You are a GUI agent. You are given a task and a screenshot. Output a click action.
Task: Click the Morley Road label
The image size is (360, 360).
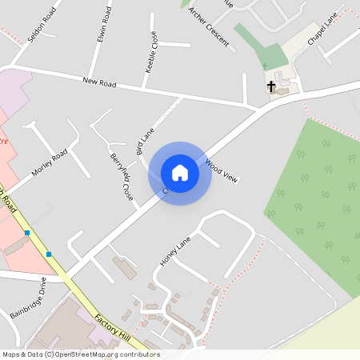tap(50, 164)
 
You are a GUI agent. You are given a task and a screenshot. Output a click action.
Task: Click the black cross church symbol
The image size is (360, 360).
tap(271, 85)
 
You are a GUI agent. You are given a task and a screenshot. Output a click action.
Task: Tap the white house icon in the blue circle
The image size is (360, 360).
tap(180, 173)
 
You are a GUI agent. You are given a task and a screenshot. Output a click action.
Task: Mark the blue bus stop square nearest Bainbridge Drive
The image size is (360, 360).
tap(49, 254)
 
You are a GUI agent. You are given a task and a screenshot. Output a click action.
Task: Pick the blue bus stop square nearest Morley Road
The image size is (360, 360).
tap(27, 233)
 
